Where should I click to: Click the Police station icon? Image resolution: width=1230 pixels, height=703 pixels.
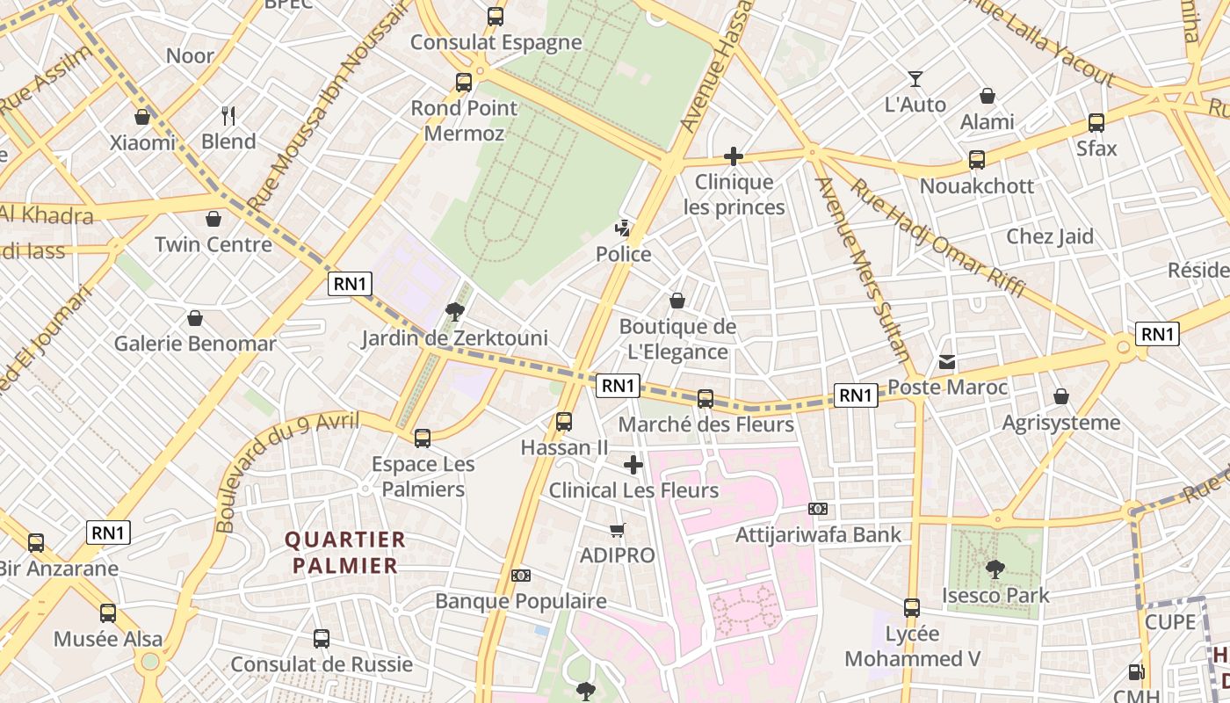click(x=623, y=229)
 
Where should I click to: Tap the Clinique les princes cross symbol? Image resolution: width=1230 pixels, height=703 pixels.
click(x=733, y=157)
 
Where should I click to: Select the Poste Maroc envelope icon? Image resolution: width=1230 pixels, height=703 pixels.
click(x=947, y=361)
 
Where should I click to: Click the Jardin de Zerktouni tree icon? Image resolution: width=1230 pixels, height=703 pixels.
click(x=454, y=311)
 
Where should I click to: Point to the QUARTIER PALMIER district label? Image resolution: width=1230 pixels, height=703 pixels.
click(x=345, y=553)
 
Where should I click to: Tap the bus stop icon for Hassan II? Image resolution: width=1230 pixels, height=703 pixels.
click(x=564, y=422)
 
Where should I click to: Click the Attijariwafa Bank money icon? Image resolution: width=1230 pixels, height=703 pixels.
click(x=818, y=509)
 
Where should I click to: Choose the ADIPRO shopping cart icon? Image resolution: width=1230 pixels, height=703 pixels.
click(x=618, y=530)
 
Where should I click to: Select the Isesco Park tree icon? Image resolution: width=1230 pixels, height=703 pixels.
click(x=995, y=569)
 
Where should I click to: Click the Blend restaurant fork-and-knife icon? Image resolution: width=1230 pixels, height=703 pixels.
click(x=228, y=115)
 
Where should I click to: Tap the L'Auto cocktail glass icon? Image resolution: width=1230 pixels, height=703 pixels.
click(x=915, y=79)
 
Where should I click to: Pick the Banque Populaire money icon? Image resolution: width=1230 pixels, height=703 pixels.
click(x=521, y=576)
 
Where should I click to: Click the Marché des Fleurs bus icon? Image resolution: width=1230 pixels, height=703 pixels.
click(x=705, y=399)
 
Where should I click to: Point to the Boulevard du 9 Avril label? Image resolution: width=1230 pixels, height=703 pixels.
click(x=287, y=471)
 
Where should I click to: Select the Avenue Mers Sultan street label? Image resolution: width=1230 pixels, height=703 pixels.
click(x=863, y=269)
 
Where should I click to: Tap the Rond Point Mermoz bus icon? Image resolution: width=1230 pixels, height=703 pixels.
click(x=464, y=83)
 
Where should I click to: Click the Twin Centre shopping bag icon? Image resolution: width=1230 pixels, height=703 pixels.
click(x=213, y=219)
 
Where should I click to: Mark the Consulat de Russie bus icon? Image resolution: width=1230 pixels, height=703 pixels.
click(x=322, y=639)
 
